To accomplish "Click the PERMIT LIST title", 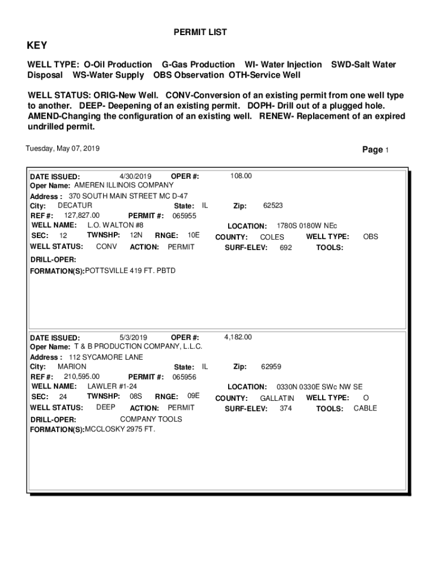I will (200, 33).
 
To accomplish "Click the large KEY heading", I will (37, 46).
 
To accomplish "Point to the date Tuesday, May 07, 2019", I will (63, 149).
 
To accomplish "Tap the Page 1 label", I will (375, 150).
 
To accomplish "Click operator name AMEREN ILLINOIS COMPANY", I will (124, 185).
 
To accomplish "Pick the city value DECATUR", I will (75, 205).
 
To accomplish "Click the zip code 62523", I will (273, 206).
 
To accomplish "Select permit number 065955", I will (185, 216).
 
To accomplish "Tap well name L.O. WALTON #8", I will (115, 225).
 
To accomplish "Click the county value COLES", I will (272, 237).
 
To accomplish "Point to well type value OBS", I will (370, 237).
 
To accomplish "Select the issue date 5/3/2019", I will (134, 338).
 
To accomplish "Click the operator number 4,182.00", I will (238, 338).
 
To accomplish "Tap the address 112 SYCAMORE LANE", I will (106, 357).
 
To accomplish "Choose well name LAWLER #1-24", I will (112, 386).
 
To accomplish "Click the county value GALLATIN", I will (277, 399).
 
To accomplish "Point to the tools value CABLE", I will (365, 408).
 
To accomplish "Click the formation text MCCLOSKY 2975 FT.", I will (119, 429).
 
